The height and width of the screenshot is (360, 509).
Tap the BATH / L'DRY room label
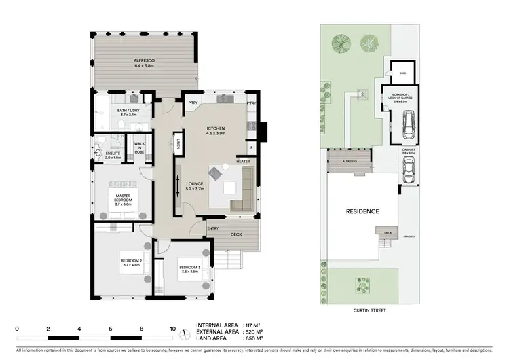[x=129, y=111]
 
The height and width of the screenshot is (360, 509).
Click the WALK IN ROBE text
[x=139, y=147]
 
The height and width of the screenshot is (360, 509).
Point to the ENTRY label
[x=213, y=228]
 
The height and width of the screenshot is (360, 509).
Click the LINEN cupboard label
[x=178, y=143]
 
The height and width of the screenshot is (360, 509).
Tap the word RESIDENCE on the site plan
[x=362, y=211]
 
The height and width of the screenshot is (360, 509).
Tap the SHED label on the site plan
[x=402, y=73]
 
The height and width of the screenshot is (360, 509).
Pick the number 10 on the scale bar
[x=173, y=328]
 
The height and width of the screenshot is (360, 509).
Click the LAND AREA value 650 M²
[x=252, y=338]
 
